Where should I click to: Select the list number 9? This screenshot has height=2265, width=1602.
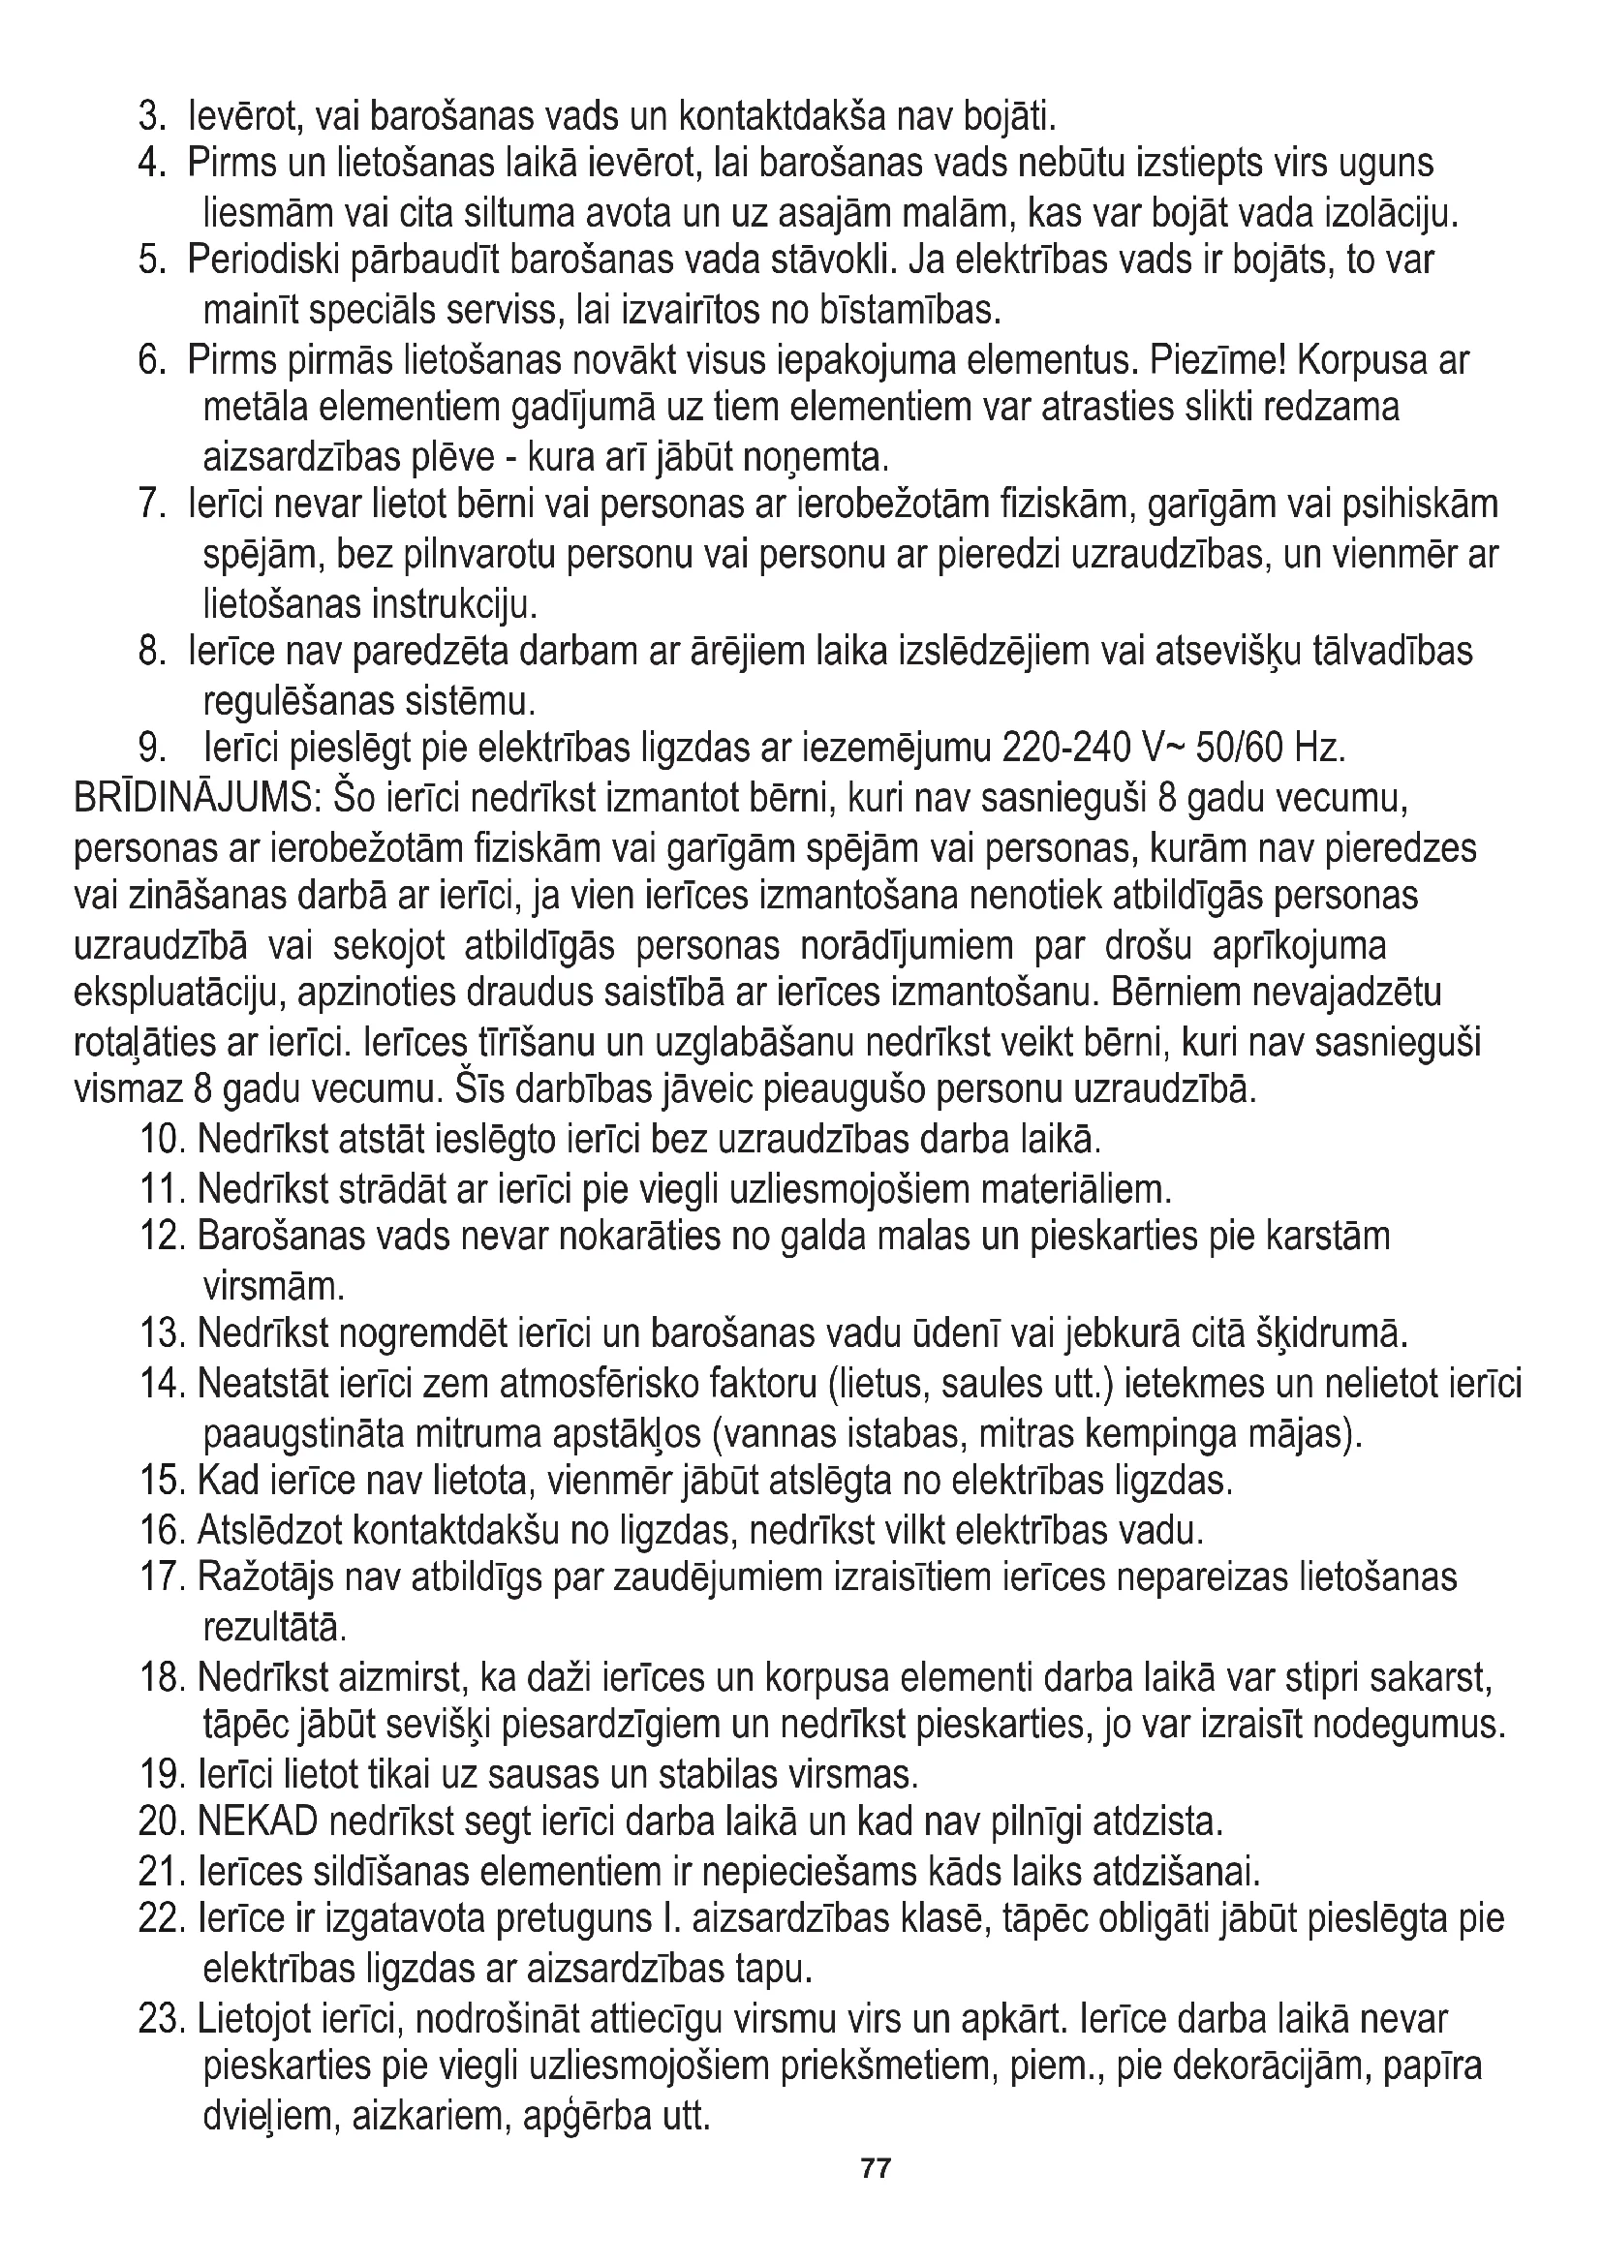(x=153, y=748)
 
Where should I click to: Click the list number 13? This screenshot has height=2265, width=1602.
(x=163, y=1333)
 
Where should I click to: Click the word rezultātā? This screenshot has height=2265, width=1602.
(x=274, y=1626)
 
